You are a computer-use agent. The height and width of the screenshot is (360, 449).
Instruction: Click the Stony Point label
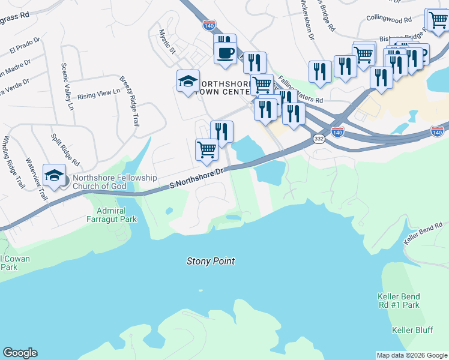pos(210,261)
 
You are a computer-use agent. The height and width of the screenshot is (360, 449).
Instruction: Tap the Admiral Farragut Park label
pos(116,215)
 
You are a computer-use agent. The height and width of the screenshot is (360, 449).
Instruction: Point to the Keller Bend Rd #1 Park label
pos(399,301)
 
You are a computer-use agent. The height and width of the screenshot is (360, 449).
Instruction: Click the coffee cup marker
pos(225,52)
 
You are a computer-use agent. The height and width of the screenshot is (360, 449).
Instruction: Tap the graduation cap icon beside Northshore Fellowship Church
pos(54,175)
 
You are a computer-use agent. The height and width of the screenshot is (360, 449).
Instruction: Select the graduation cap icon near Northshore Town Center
pos(188,82)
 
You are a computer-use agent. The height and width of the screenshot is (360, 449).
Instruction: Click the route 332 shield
pos(319,139)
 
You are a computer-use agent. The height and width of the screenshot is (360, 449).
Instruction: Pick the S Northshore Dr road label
pos(196,179)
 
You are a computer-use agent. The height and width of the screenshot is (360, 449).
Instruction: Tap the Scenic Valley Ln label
pos(66,87)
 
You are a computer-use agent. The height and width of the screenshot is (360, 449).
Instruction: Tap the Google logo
pos(20,353)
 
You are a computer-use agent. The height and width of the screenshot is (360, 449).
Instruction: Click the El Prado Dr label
pos(25,47)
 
